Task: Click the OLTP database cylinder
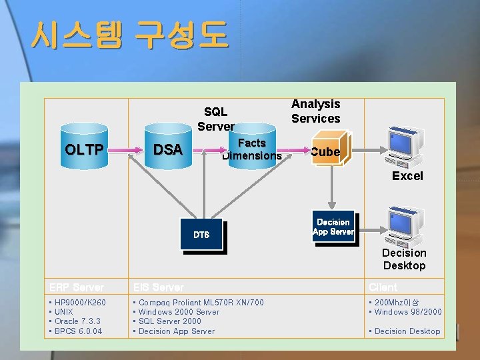[x=83, y=150]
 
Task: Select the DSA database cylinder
[x=168, y=150]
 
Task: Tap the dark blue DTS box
[x=201, y=235]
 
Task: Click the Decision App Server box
[x=333, y=227]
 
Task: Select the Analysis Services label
[x=316, y=111]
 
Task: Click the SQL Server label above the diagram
[x=215, y=119]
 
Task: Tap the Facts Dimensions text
[x=252, y=149]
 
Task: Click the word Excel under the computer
[x=407, y=176]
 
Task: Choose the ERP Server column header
[x=77, y=287]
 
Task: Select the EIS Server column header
[x=159, y=287]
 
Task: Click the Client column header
[x=383, y=287]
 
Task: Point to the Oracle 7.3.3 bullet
[x=79, y=321]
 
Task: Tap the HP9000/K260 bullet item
[x=80, y=303]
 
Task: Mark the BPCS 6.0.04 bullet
[x=79, y=331]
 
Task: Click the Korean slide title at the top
[x=129, y=35]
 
